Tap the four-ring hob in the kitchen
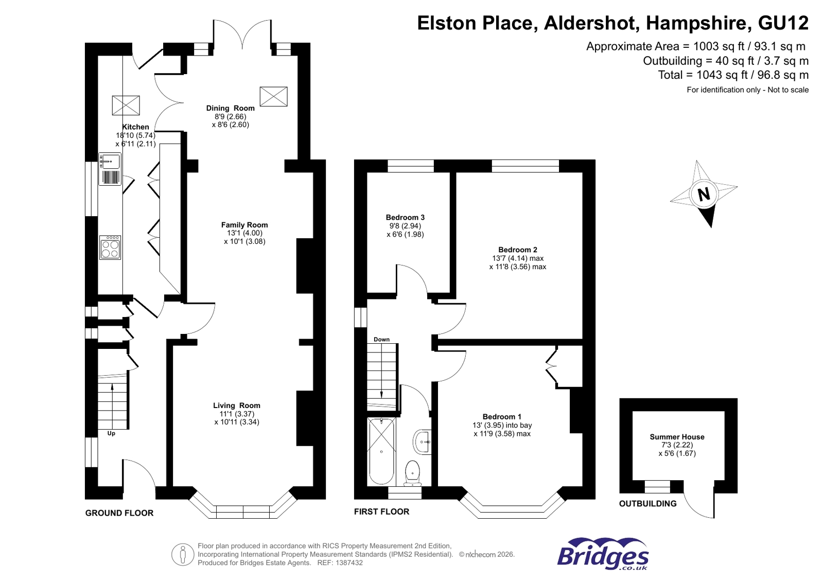click(110, 248)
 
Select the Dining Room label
click(230, 108)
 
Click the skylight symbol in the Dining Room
click(273, 97)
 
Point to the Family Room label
click(244, 225)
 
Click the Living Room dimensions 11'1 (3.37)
click(237, 414)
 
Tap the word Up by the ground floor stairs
click(111, 433)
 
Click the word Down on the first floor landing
click(381, 340)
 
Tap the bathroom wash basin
click(423, 442)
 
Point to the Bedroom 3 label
click(405, 218)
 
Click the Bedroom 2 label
click(517, 250)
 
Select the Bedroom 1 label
click(502, 417)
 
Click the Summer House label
click(677, 437)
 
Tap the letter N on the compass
click(704, 195)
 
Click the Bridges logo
click(603, 555)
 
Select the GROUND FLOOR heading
click(119, 513)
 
